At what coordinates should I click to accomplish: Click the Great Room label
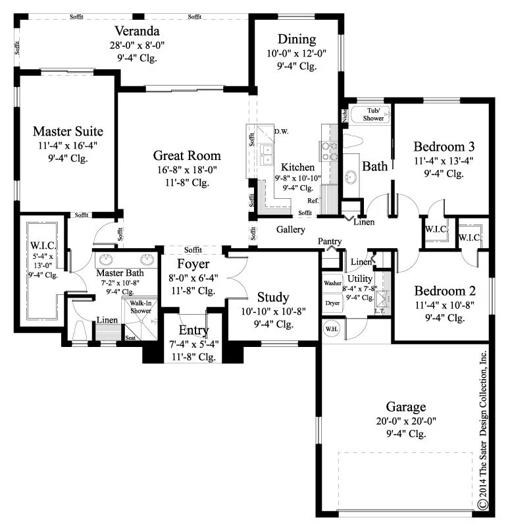187,155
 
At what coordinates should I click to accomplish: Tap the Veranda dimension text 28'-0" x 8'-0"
137,45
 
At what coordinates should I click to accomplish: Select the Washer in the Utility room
333,283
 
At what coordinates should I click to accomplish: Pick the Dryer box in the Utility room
333,303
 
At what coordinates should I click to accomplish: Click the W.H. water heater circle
332,329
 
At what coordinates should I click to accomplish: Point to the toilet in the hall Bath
353,142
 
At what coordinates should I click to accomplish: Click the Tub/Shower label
373,115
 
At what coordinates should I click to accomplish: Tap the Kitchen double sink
267,155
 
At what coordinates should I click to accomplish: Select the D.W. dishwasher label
282,132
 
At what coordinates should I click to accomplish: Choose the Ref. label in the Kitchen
313,201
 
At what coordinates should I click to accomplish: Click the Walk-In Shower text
141,307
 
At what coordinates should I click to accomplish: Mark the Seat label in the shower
130,338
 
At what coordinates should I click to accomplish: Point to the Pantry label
330,242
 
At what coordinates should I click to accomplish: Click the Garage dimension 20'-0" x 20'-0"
406,421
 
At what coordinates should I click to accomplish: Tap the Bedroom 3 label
444,147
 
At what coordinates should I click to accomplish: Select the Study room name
273,298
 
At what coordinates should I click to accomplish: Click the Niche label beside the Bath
344,115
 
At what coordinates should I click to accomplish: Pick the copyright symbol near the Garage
483,504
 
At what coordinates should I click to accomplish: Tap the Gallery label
290,230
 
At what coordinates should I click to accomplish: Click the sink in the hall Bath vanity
351,176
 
